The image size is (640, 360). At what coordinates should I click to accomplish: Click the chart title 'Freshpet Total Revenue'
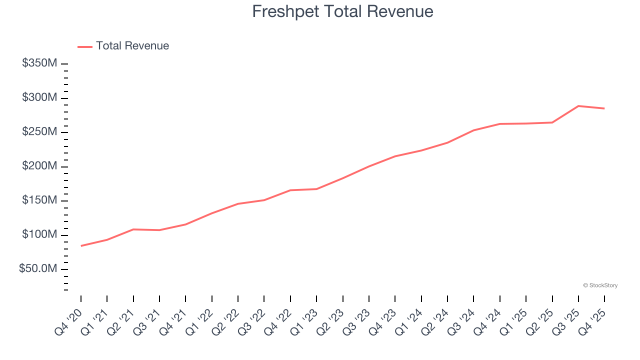point(342,11)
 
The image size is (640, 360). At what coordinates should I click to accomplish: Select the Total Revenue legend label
point(132,46)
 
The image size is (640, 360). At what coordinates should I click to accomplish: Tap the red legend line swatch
point(85,46)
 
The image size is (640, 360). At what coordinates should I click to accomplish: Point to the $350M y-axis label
point(39,63)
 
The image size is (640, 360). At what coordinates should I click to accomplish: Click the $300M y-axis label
point(39,97)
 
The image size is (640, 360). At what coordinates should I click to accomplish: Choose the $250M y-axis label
point(39,132)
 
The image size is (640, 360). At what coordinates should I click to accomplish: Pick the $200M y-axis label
point(39,166)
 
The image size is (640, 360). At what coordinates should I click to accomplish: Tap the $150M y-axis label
point(39,200)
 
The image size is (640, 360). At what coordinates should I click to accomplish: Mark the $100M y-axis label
point(39,234)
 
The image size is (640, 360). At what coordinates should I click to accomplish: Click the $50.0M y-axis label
point(38,269)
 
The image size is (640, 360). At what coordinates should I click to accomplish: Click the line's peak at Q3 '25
point(578,106)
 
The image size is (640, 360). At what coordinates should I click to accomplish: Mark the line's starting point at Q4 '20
point(81,245)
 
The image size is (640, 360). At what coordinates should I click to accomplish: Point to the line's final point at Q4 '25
point(604,108)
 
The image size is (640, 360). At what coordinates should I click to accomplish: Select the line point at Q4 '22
point(290,190)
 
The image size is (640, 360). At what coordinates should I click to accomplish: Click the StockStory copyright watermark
point(600,285)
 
